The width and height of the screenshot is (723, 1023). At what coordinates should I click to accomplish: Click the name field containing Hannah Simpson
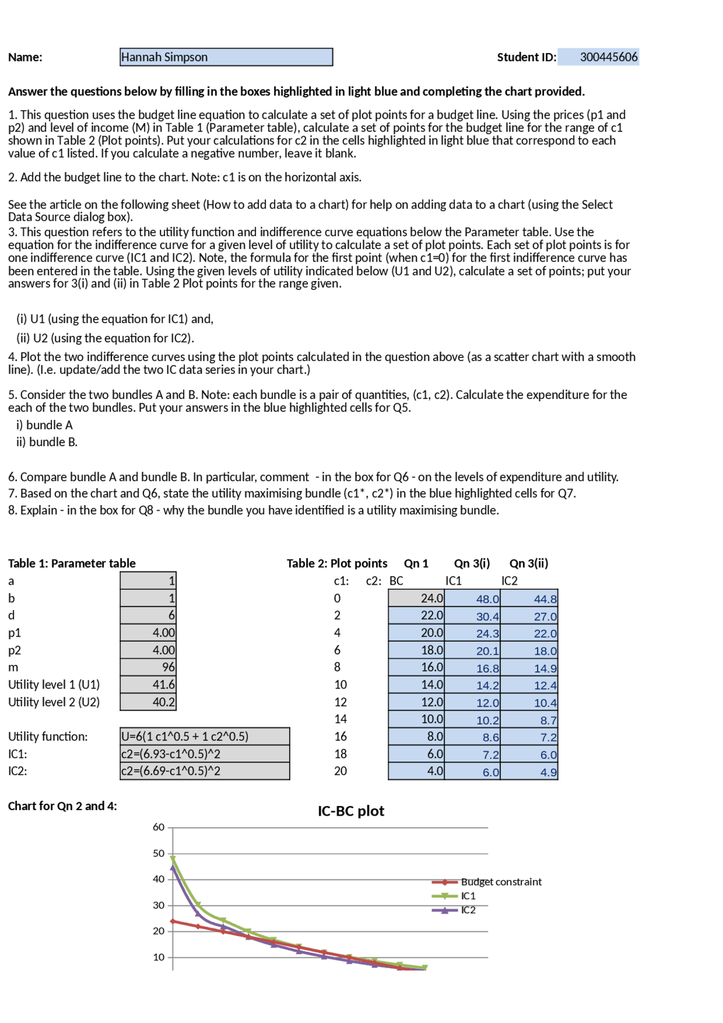[226, 57]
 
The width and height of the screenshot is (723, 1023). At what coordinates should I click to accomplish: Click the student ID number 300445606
[608, 57]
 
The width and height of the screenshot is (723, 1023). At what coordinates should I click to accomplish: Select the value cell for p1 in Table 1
[148, 633]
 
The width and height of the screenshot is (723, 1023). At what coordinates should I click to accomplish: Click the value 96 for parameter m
[148, 667]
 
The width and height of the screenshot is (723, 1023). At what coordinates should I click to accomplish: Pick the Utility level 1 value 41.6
[148, 685]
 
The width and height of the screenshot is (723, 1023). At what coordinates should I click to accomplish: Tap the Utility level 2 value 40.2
[148, 702]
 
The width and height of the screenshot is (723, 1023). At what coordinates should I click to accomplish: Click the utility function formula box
[204, 737]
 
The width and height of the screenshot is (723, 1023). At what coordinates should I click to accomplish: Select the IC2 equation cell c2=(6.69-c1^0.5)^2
[204, 771]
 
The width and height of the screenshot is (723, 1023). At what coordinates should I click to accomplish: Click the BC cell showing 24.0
[416, 598]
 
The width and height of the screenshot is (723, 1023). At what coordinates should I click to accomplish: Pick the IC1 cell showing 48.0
[472, 599]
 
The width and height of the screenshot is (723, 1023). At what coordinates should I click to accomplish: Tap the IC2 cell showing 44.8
[529, 599]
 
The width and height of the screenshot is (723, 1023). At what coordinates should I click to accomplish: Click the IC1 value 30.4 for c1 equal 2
[472, 616]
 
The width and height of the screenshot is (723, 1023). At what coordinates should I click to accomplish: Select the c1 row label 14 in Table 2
[340, 719]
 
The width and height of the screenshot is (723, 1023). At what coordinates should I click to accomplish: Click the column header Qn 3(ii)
[529, 563]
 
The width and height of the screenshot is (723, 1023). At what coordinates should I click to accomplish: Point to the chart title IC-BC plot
[351, 811]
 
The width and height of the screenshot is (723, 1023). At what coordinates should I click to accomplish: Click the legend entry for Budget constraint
[500, 882]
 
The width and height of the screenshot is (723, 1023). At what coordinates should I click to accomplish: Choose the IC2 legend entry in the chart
[468, 910]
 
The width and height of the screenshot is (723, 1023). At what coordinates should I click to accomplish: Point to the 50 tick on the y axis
[159, 854]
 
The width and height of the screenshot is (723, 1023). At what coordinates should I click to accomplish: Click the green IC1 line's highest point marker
[173, 859]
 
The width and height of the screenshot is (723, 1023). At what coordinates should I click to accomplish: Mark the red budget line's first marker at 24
[173, 921]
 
